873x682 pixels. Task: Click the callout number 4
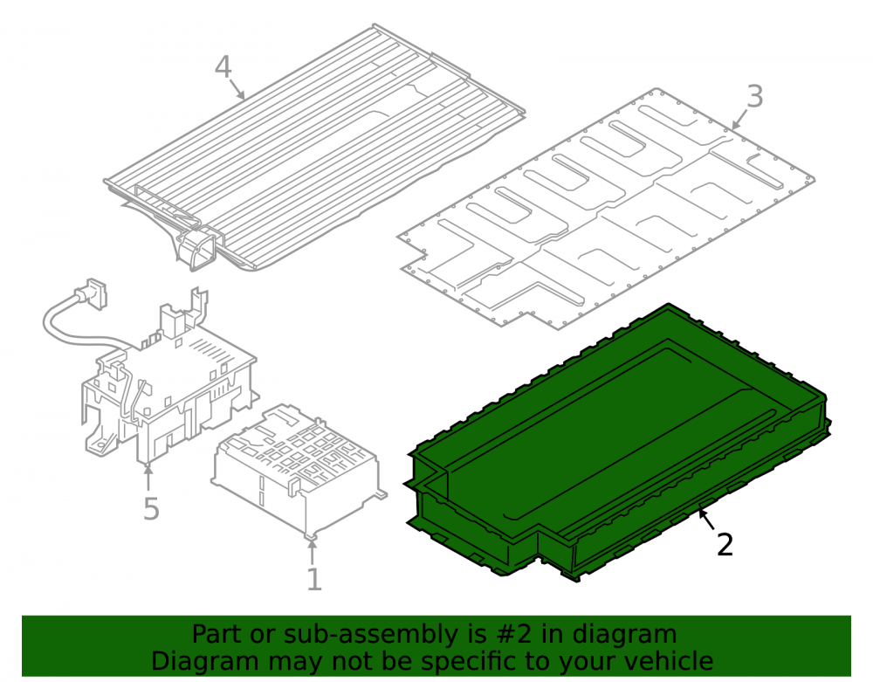pyautogui.click(x=223, y=67)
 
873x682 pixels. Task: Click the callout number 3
pyautogui.click(x=754, y=96)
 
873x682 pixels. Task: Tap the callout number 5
pyautogui.click(x=151, y=509)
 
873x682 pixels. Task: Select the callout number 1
pyautogui.click(x=314, y=580)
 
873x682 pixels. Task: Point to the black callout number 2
pyautogui.click(x=725, y=545)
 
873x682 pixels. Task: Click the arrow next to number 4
pyautogui.click(x=237, y=90)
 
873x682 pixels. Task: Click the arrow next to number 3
pyautogui.click(x=739, y=120)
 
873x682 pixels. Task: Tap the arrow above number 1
pyautogui.click(x=313, y=552)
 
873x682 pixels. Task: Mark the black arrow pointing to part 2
pyautogui.click(x=707, y=520)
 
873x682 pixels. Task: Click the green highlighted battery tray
pyautogui.click(x=618, y=440)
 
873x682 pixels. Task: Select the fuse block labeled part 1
pyautogui.click(x=299, y=469)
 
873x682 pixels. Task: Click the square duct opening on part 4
pyautogui.click(x=196, y=249)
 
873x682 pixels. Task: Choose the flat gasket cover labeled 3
pyautogui.click(x=606, y=209)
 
